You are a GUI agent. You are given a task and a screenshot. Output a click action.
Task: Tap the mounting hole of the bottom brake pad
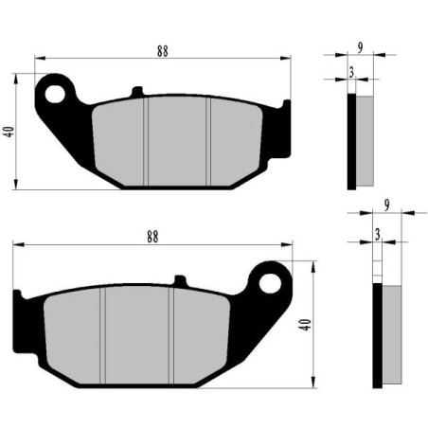click(x=271, y=282)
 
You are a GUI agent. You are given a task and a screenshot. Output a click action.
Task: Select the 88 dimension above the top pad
click(x=163, y=52)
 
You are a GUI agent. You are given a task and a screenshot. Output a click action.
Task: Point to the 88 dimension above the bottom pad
click(x=153, y=239)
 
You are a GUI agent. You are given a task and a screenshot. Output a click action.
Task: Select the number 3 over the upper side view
click(x=351, y=72)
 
